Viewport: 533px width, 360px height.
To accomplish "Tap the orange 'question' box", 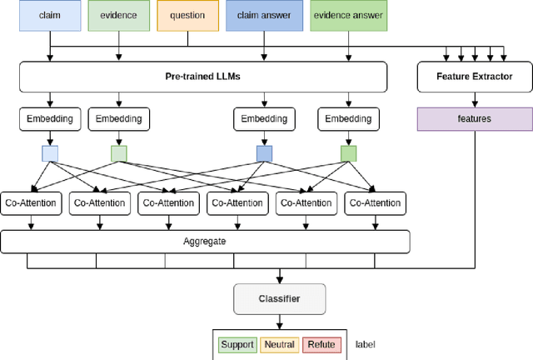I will coord(187,15).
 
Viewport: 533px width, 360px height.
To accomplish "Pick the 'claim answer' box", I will coord(263,15).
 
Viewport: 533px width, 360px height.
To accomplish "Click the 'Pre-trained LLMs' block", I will coord(204,77).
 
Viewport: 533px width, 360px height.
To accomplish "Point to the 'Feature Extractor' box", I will coord(475,77).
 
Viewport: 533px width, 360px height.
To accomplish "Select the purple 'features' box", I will coord(475,119).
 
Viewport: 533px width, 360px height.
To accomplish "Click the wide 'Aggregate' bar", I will coord(204,241).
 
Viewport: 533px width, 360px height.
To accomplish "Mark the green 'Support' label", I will coord(237,343).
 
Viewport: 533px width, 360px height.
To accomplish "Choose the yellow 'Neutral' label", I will coord(279,343).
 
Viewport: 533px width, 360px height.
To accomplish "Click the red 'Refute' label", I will coord(321,343).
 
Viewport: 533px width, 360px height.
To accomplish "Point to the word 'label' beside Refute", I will coord(366,343).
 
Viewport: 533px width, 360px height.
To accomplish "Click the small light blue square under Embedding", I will coord(51,153).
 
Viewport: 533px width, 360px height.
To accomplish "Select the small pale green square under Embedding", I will coord(119,153).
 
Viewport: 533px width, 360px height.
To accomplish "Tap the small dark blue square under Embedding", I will coord(263,153).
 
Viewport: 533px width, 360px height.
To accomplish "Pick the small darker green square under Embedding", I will coord(348,153).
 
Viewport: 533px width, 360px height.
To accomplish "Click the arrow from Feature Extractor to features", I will coord(475,100).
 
